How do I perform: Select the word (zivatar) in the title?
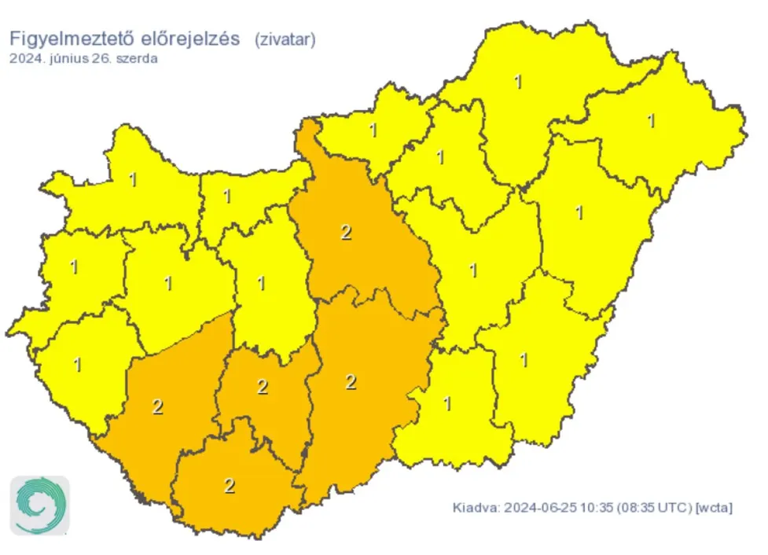285,40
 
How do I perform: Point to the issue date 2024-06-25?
538,508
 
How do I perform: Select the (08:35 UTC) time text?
648,508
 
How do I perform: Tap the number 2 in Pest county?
346,232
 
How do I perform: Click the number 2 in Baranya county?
230,486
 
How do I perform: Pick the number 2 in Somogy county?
158,407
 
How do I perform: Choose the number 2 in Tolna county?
263,387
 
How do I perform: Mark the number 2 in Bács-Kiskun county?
351,382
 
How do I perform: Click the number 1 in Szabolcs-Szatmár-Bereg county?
651,120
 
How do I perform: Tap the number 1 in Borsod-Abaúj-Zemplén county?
517,81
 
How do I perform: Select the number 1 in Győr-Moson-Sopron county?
133,180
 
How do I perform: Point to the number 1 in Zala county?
77,365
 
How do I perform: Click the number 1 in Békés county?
524,360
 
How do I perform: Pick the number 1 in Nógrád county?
373,130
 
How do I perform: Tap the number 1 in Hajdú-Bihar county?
580,212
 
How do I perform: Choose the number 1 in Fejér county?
262,283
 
